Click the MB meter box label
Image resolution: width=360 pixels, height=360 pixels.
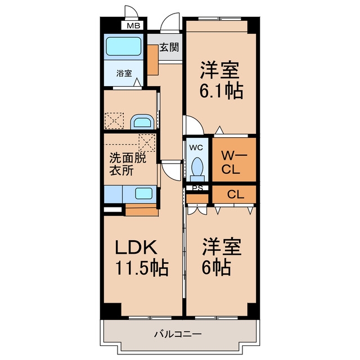click(133, 25)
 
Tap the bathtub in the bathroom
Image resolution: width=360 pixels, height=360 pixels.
click(124, 46)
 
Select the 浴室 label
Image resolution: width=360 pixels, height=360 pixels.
click(124, 74)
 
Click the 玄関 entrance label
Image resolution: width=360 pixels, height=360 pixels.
click(169, 47)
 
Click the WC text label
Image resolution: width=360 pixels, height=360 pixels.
click(196, 148)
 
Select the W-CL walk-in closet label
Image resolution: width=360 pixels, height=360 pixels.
click(233, 163)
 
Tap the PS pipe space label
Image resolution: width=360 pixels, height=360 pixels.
click(197, 188)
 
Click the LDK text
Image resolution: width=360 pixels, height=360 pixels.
click(136, 247)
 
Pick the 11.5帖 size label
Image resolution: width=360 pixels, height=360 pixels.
click(142, 268)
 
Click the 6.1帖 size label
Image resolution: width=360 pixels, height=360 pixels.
click(221, 91)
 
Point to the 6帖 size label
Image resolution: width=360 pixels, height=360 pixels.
click(216, 267)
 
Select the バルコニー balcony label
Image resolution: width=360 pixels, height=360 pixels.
click(178, 334)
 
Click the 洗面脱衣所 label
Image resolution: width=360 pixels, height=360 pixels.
click(128, 164)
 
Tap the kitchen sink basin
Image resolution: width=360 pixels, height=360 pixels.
click(144, 193)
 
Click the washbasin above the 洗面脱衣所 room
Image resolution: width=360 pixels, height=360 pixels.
click(142, 121)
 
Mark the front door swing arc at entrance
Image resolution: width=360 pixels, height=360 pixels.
click(169, 20)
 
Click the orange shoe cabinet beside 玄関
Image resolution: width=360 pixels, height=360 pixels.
click(152, 60)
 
